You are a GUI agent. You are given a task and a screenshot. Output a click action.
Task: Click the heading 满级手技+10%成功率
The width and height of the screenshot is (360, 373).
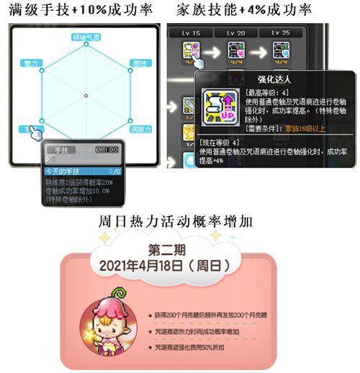click(x=84, y=10)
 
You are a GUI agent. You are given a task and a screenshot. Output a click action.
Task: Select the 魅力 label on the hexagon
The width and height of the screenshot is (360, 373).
click(x=30, y=63)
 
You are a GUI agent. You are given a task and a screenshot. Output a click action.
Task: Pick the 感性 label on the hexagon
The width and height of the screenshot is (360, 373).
click(x=140, y=63)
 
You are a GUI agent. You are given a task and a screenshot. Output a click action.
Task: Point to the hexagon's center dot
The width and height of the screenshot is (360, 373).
click(x=86, y=96)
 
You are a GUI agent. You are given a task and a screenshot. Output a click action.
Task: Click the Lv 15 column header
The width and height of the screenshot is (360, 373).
click(x=192, y=33)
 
